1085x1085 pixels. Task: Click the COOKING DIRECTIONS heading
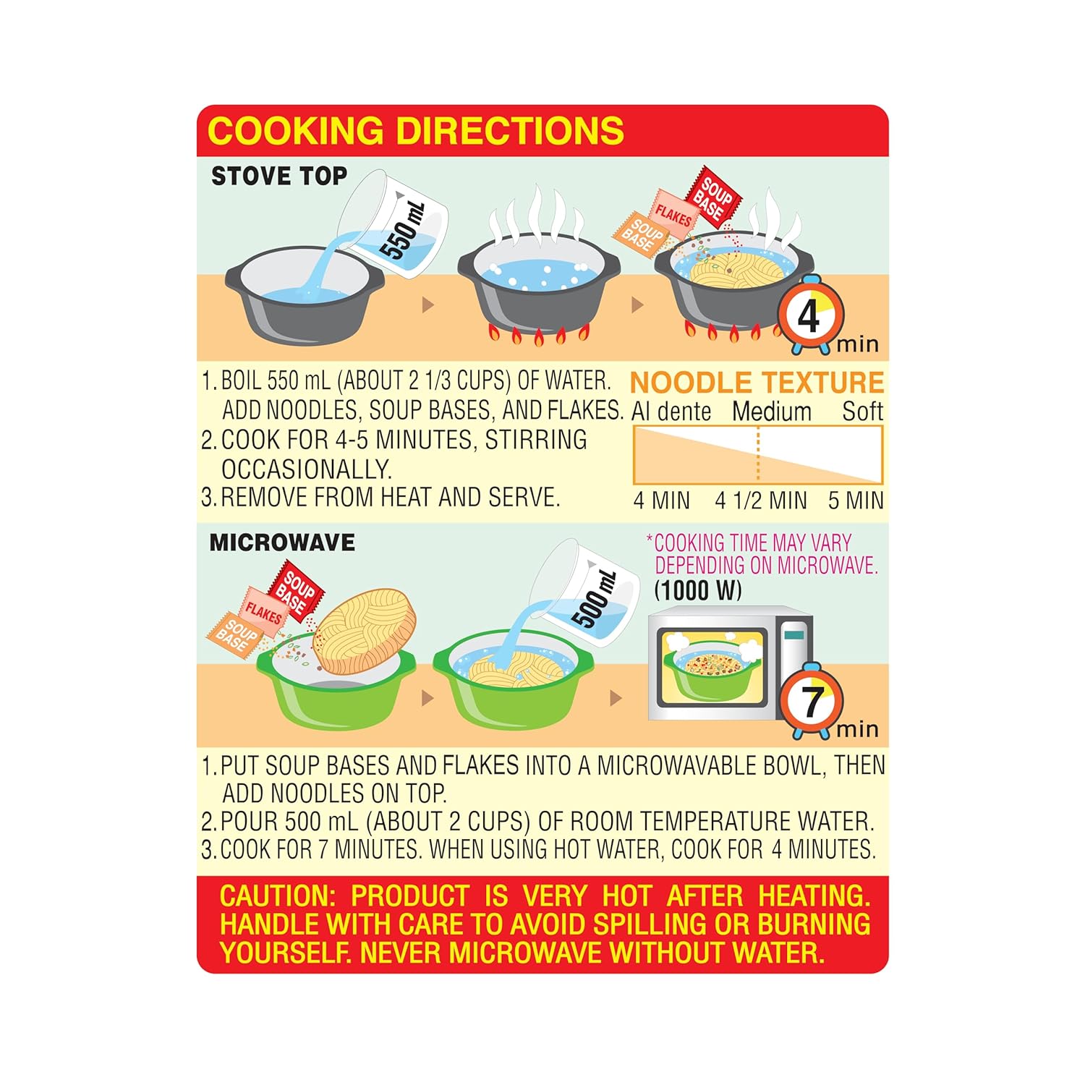pos(416,131)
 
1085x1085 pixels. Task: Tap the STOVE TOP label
pos(279,176)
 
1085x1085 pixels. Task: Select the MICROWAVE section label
pos(282,542)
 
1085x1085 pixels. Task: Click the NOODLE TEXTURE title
pos(757,383)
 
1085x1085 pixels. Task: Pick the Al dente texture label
pos(671,412)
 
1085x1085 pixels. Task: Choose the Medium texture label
pos(772,412)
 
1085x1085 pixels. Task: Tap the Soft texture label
pos(862,412)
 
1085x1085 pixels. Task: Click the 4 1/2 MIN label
pos(761,501)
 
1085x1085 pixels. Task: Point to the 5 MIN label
pos(856,501)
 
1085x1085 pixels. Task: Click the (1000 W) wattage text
pos(698,590)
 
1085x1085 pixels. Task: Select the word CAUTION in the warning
pos(278,896)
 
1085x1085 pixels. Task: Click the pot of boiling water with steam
pos(538,282)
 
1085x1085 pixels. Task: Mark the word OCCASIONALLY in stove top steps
pos(307,470)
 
